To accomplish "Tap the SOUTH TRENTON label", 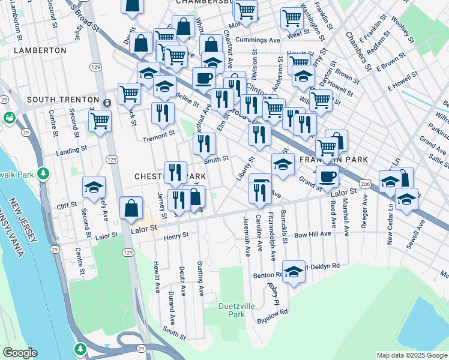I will point(62,99).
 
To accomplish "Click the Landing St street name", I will point(71,151).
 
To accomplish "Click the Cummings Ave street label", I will point(258,40).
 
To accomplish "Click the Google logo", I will point(19,353).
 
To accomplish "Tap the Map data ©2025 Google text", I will point(412,355).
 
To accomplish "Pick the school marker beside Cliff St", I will point(94,187).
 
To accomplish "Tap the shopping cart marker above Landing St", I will point(100,120).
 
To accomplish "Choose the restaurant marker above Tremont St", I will point(163,113).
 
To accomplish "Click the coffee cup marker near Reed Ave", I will point(328,176).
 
